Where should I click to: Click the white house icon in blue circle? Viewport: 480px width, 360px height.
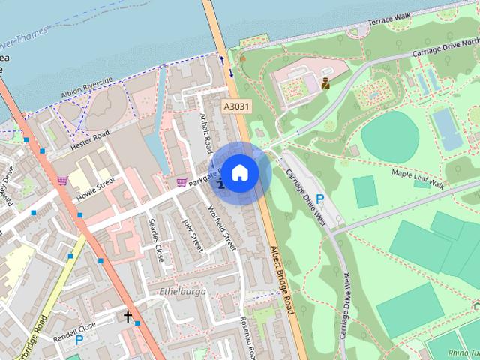239,173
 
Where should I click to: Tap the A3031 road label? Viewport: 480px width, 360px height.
235,108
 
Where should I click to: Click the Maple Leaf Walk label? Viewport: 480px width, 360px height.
418,179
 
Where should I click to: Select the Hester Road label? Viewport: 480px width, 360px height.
90,138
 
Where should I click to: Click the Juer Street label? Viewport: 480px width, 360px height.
193,235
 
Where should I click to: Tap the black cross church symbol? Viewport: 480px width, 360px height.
127,317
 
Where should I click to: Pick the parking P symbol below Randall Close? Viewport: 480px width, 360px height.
78,340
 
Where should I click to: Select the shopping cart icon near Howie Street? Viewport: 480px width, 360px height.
62,181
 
